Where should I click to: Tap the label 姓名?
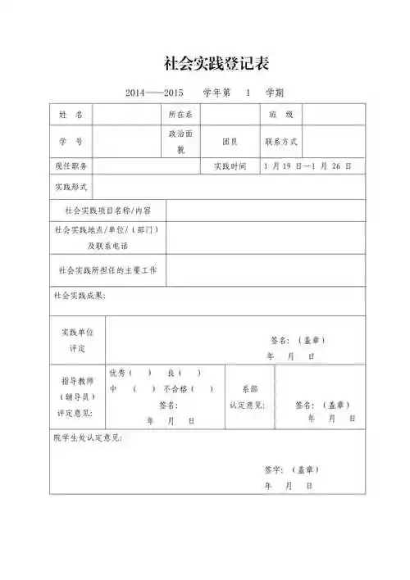(71, 115)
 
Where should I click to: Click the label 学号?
(71, 141)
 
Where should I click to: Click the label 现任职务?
(70, 166)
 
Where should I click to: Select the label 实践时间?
(230, 166)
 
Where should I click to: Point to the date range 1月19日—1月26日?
(307, 166)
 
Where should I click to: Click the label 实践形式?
(70, 187)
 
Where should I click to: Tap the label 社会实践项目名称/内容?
(107, 211)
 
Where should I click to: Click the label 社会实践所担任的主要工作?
(107, 269)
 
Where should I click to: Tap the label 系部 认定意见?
(247, 396)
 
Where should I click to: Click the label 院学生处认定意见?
(88, 438)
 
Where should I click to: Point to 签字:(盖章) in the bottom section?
(291, 469)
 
